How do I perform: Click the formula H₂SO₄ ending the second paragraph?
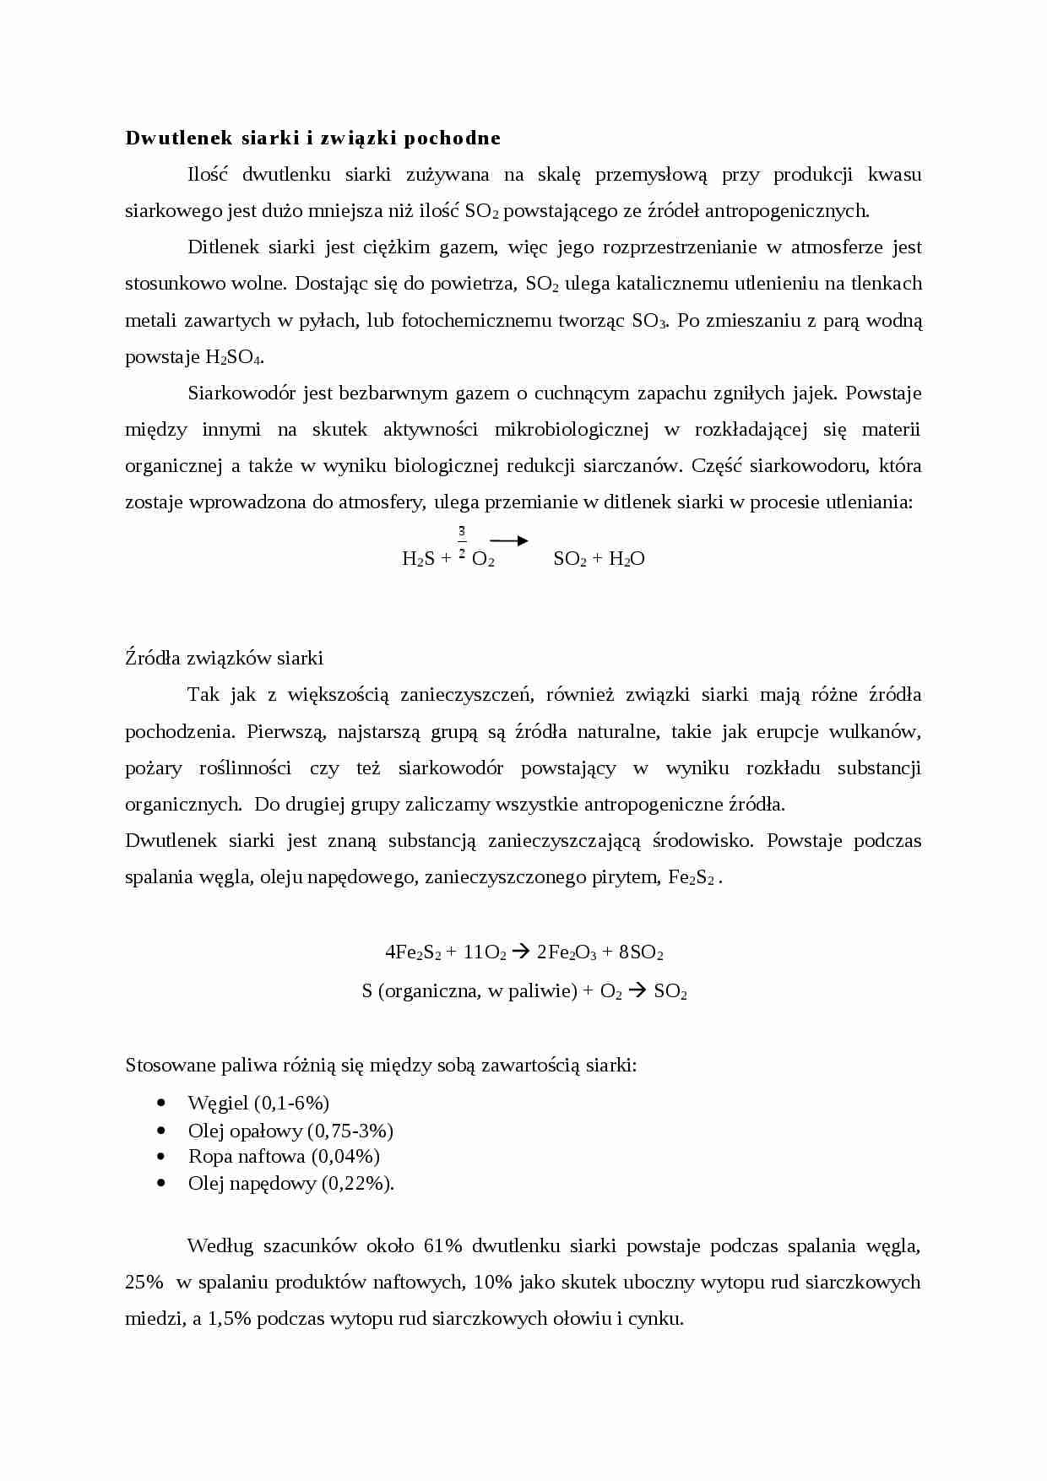235,357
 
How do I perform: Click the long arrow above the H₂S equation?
508,541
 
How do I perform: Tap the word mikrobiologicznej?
571,430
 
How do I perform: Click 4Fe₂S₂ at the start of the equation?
413,952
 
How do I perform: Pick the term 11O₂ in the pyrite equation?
484,952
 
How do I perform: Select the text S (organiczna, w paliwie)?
469,991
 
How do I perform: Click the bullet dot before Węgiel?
161,1103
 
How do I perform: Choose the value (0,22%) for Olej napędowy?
358,1184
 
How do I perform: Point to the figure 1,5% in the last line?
229,1319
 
